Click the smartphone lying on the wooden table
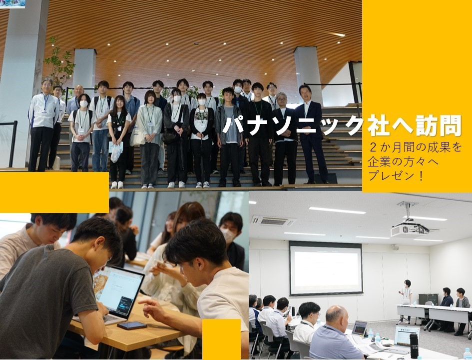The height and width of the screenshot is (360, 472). point(132,325)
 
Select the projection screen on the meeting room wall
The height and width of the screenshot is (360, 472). point(326,268)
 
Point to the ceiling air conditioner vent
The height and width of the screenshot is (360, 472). point(273,221)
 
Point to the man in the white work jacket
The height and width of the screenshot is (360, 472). point(43,125)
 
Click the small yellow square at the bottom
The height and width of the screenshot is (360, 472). point(221,339)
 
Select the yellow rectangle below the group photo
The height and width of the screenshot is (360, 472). point(54,192)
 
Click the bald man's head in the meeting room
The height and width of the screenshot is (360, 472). point(336,315)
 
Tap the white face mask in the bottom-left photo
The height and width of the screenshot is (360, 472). point(228,235)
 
